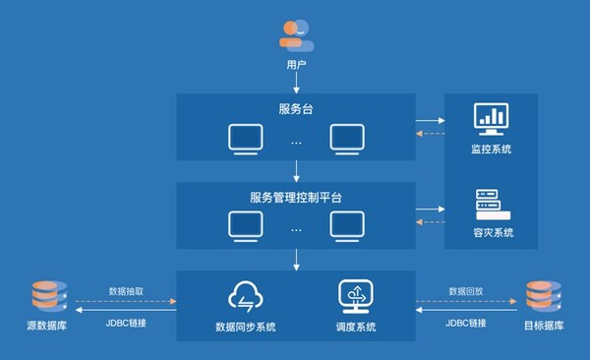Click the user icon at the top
295,35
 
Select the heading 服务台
296,107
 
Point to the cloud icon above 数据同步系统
245,296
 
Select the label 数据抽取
127,292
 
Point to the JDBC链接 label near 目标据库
465,322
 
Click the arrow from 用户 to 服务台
296,84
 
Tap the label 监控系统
492,149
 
